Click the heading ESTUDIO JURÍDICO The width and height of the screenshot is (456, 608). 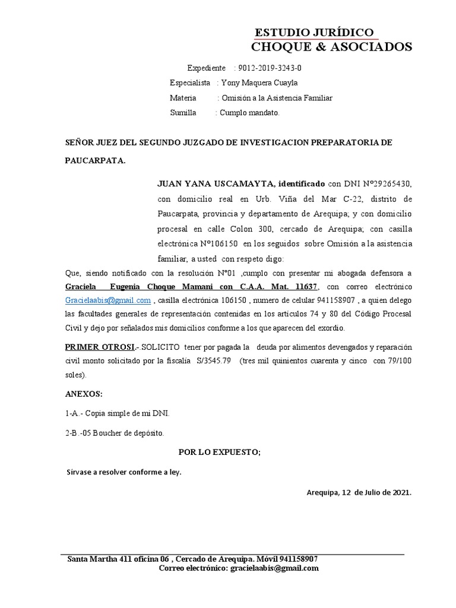pyautogui.click(x=314, y=32)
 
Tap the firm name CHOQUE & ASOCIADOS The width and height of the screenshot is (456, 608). pyautogui.click(x=331, y=47)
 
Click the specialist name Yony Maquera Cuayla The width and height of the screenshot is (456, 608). pyautogui.click(x=259, y=83)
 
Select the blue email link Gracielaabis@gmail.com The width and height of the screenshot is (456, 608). pyautogui.click(x=107, y=300)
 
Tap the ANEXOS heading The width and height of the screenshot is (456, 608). pyautogui.click(x=84, y=394)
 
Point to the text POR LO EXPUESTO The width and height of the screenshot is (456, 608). pyautogui.click(x=220, y=452)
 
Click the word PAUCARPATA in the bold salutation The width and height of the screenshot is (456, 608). pyautogui.click(x=94, y=161)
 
